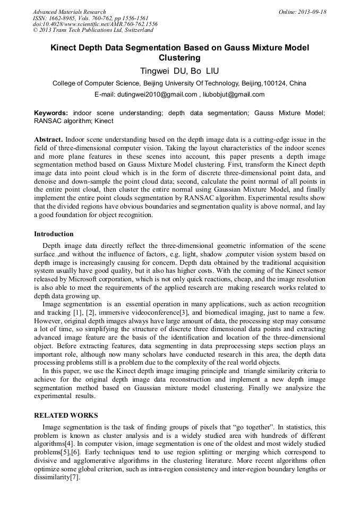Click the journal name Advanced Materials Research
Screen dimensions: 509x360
tap(69, 12)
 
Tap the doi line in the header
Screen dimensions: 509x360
tap(95, 24)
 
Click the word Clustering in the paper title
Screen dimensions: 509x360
tap(179, 58)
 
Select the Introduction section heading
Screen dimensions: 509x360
tap(54, 234)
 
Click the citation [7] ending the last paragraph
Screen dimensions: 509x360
tap(74, 477)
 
